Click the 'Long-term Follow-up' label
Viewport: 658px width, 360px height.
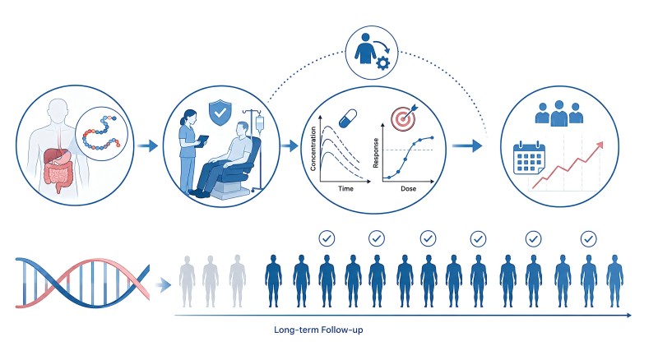coord(318,330)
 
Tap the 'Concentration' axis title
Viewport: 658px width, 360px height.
coord(313,149)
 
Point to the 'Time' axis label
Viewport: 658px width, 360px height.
coord(345,189)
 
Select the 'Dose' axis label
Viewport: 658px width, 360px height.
coord(408,189)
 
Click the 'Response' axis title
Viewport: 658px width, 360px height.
coord(376,153)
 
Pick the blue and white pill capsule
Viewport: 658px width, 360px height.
coord(348,118)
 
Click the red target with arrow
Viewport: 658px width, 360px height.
coord(405,118)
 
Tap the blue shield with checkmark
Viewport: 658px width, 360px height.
coord(220,113)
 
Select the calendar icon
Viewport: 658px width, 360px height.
coord(529,158)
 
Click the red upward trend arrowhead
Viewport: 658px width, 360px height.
coord(600,145)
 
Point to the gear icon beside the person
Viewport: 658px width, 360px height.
coord(382,64)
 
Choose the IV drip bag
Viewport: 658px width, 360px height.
coord(259,124)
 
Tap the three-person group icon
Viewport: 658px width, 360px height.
coord(559,113)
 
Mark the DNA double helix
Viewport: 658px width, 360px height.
coord(82,283)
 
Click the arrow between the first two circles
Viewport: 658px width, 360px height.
coord(147,146)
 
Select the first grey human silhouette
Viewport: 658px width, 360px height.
coord(188,281)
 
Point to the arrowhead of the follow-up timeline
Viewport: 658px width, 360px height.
coord(628,315)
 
